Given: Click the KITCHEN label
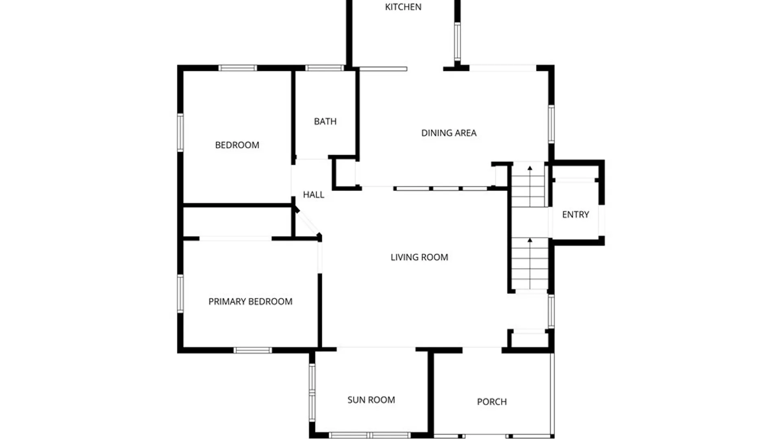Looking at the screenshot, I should coord(403,7).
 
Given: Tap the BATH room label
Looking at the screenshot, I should coord(325,122).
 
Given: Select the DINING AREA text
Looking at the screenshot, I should coord(449,133).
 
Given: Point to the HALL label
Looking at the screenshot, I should coord(314,195).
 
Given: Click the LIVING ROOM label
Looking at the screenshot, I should coord(419,257).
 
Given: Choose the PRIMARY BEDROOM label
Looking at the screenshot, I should coord(250,302).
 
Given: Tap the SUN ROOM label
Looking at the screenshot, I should coord(371,400).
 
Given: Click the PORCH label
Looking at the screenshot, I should coord(492,402).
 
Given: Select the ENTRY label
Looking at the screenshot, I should coord(575,215).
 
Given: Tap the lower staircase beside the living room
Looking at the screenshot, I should coord(530,264).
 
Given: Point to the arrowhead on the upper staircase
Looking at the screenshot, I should coord(530,168).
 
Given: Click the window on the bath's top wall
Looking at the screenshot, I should coord(325,68).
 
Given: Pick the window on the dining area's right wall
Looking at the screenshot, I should coord(551,124).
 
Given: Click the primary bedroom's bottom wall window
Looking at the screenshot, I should coord(253,350).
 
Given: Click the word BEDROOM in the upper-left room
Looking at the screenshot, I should coord(237,145).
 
